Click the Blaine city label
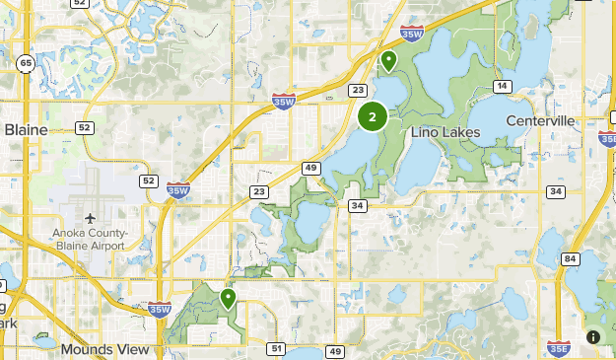(27, 128)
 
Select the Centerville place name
(539, 121)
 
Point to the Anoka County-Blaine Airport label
(89, 239)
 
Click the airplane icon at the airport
(91, 217)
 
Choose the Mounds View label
(104, 349)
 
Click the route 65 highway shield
(25, 64)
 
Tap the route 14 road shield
(503, 87)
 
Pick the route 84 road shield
(570, 258)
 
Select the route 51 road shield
(276, 348)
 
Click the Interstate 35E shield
(556, 347)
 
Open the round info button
(593, 337)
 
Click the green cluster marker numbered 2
(372, 117)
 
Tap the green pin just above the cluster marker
(389, 61)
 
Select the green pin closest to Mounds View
(228, 297)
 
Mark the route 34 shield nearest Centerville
(555, 191)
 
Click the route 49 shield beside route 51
(336, 351)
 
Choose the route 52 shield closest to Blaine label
(85, 127)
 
